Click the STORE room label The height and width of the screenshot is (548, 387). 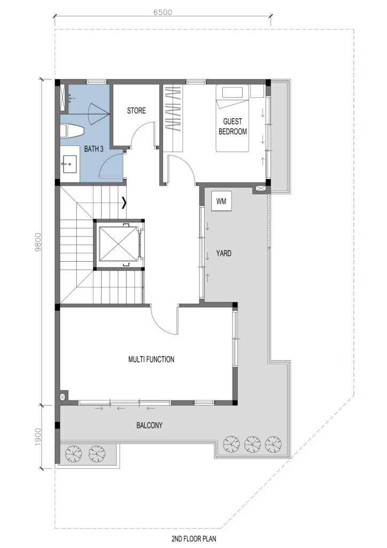click(x=136, y=111)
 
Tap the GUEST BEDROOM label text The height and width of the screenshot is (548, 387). click(x=233, y=126)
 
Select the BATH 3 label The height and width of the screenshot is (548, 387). click(x=94, y=149)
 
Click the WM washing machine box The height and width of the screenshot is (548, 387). click(x=221, y=201)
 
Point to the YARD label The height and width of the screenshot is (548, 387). click(x=223, y=253)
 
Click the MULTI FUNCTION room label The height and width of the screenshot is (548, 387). click(x=151, y=359)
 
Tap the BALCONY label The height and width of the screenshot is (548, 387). click(x=149, y=425)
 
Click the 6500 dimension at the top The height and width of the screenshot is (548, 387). click(x=162, y=12)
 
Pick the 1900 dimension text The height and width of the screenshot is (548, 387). click(x=38, y=437)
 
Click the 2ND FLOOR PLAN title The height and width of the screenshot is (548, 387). click(x=193, y=538)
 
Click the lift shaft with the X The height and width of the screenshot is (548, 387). click(x=119, y=243)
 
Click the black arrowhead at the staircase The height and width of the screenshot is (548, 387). click(x=124, y=203)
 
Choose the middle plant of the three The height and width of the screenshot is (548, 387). click(x=252, y=444)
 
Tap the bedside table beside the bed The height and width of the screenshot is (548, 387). click(x=257, y=91)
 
